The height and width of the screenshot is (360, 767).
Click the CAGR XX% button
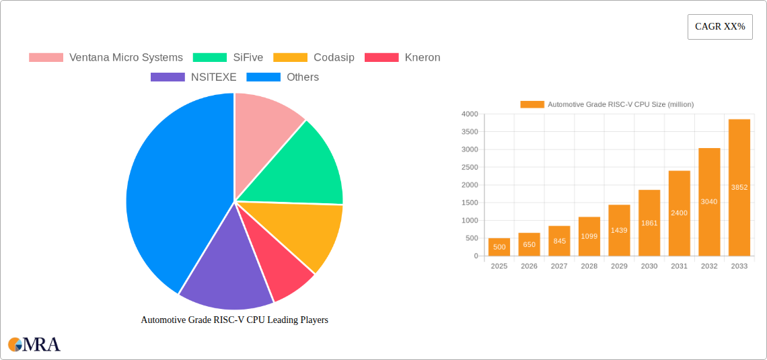[719, 27]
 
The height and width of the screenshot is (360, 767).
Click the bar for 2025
[499, 247]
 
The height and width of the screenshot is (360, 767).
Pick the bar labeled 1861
[649, 223]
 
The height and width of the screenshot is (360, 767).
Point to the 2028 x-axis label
[589, 266]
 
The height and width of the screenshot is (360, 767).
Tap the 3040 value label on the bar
[709, 202]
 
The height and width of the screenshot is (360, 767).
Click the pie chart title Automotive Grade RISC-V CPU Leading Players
[234, 320]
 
